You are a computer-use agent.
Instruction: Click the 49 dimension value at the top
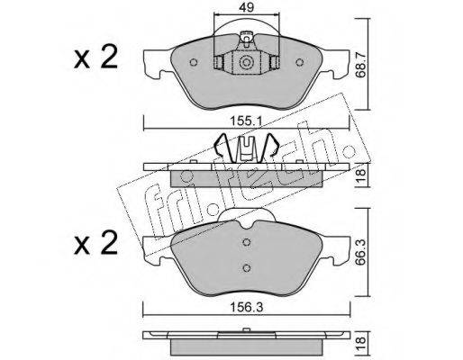pos(247,7)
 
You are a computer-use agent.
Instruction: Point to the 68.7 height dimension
pos(361,64)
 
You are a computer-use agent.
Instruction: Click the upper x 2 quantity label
pos(95,58)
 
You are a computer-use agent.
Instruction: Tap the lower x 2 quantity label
pos(95,244)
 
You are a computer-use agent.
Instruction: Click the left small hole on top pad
pos(194,62)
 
